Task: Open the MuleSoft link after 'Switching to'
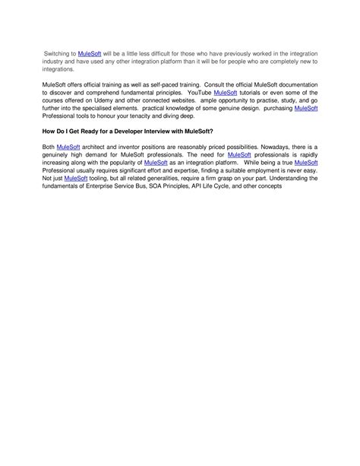coord(89,55)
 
